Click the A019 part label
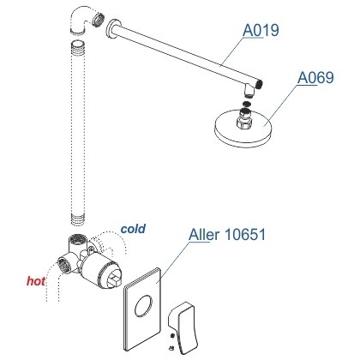(261, 30)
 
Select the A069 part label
(315, 77)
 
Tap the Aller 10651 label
(227, 235)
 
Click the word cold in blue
(133, 229)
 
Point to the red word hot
(36, 281)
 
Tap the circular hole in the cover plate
(144, 306)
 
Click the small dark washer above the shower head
(246, 104)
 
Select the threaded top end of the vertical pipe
(77, 47)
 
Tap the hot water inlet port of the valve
(64, 265)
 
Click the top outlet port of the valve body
(77, 238)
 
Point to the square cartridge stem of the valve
(114, 279)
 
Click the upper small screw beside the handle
(172, 335)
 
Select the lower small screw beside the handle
(171, 348)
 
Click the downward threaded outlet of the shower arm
(249, 91)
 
